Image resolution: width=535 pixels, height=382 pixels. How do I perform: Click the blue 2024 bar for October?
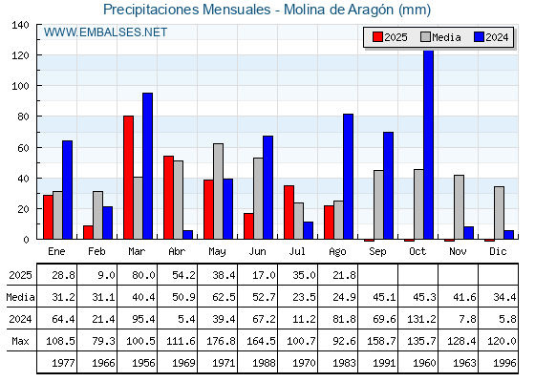pyautogui.click(x=429, y=145)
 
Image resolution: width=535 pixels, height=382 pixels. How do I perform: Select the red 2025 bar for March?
pyautogui.click(x=129, y=178)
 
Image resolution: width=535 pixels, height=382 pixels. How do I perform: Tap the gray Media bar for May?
pyautogui.click(x=219, y=191)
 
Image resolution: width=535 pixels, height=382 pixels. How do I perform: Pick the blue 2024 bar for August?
pyautogui.click(x=349, y=177)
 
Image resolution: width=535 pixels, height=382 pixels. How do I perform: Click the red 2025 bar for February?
pyautogui.click(x=88, y=232)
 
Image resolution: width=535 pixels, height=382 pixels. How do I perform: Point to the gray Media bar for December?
pyautogui.click(x=499, y=213)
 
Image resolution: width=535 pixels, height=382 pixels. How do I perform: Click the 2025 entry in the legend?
pyautogui.click(x=390, y=37)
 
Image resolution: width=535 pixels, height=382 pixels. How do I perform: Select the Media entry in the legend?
pyautogui.click(x=440, y=37)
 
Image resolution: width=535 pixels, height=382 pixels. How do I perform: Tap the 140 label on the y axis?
pyautogui.click(x=21, y=25)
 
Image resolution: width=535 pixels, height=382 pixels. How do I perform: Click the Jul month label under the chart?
pyautogui.click(x=297, y=252)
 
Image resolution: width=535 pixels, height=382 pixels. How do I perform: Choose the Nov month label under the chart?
pyautogui.click(x=458, y=252)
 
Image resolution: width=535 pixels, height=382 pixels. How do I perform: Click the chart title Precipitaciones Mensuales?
pyautogui.click(x=187, y=10)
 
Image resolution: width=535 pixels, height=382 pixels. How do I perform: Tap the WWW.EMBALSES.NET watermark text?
pyautogui.click(x=105, y=32)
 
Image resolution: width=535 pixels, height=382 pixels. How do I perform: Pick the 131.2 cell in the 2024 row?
pyautogui.click(x=421, y=319)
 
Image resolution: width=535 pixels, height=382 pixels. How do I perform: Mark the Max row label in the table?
pyautogui.click(x=20, y=341)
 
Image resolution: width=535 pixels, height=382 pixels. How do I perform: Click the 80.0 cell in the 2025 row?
pyautogui.click(x=143, y=275)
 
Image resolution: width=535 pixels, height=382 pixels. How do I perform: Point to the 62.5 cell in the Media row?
pyautogui.click(x=224, y=297)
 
